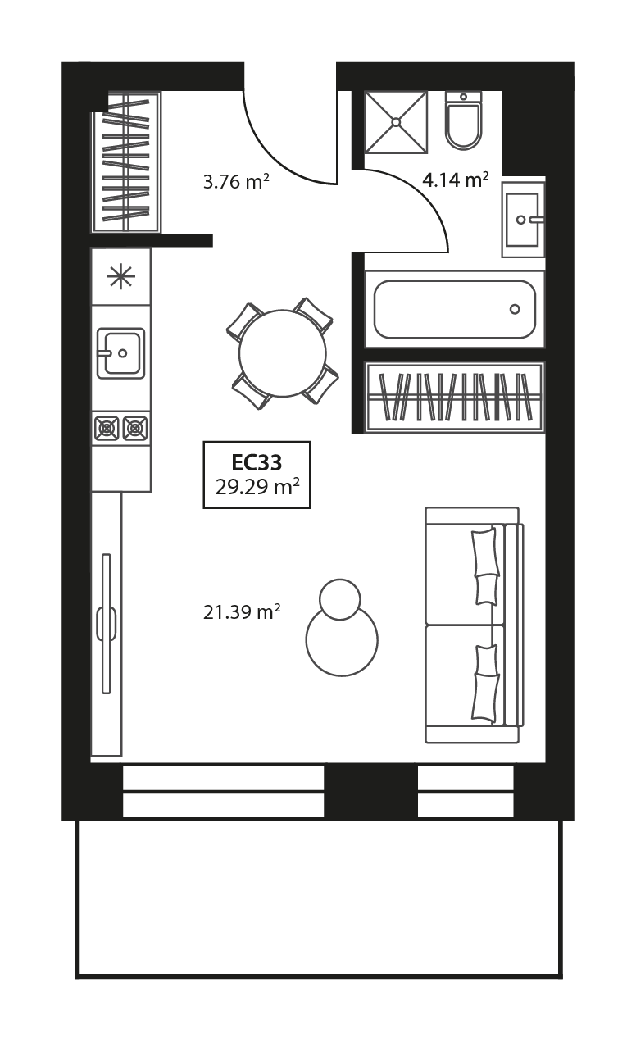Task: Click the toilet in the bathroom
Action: pyautogui.click(x=463, y=120)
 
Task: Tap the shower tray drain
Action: pyautogui.click(x=396, y=122)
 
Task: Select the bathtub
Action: pyautogui.click(x=455, y=309)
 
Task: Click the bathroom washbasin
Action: pyautogui.click(x=523, y=220)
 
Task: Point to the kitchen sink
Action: pyautogui.click(x=120, y=353)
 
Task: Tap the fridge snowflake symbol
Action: pyautogui.click(x=120, y=276)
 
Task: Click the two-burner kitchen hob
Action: pyautogui.click(x=121, y=428)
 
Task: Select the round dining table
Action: pyautogui.click(x=283, y=353)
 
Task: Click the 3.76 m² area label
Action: pyautogui.click(x=237, y=181)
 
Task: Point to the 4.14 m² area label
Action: pyautogui.click(x=456, y=180)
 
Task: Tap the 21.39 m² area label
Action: pyautogui.click(x=242, y=611)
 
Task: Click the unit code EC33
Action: pyautogui.click(x=257, y=462)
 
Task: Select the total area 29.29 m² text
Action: pyautogui.click(x=257, y=487)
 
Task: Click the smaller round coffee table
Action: pyautogui.click(x=340, y=599)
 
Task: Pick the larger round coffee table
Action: pyautogui.click(x=342, y=640)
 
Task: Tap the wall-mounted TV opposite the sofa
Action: pyautogui.click(x=107, y=624)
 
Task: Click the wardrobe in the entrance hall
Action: pyautogui.click(x=126, y=161)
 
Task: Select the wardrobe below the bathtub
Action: pyautogui.click(x=454, y=397)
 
